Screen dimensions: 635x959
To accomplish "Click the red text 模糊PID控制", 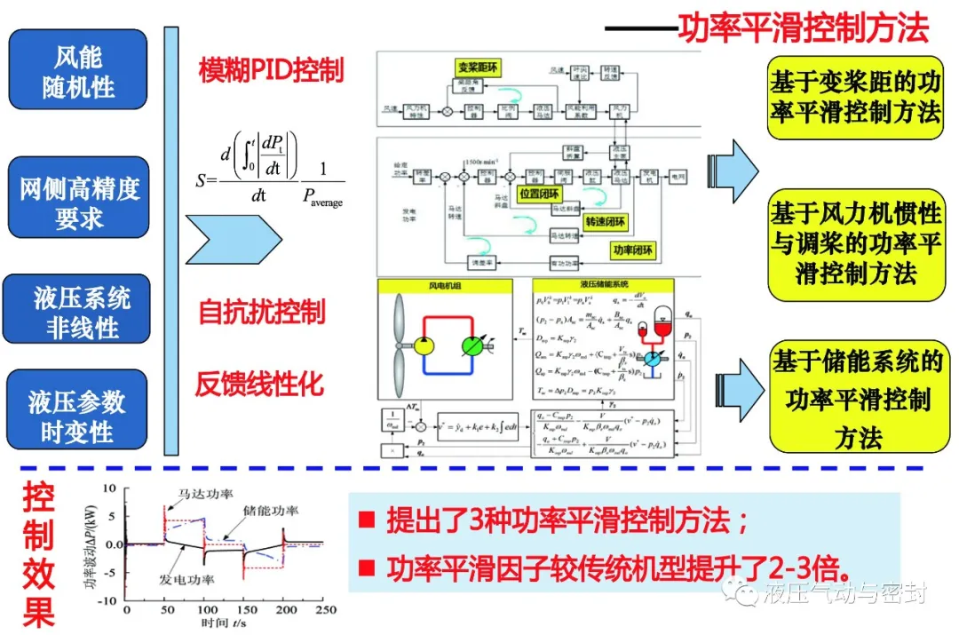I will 272,70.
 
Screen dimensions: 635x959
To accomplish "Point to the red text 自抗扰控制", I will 261,312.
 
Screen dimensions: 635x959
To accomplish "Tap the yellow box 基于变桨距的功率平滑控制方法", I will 854,98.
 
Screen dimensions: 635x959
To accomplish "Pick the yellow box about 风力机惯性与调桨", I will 854,242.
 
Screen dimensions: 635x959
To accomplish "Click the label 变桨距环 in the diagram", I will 480,66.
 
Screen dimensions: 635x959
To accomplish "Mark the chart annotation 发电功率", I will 186,579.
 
